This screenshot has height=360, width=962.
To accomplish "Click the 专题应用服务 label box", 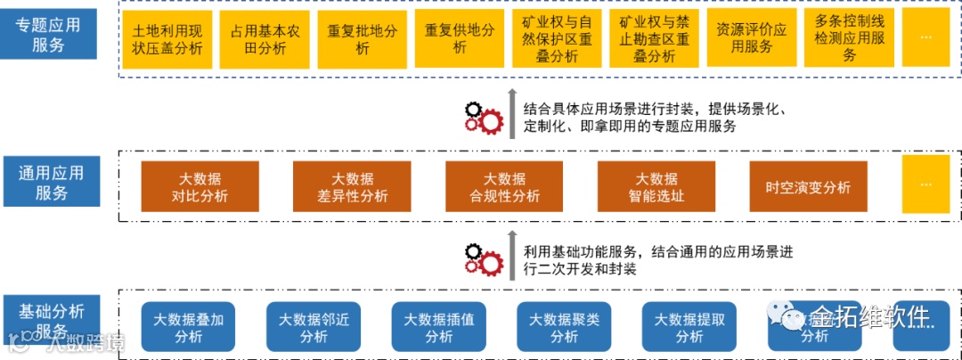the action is pyautogui.click(x=49, y=35).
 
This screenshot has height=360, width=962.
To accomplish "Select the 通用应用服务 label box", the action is pyautogui.click(x=49, y=181).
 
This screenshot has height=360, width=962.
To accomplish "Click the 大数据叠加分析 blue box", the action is pyautogui.click(x=188, y=327).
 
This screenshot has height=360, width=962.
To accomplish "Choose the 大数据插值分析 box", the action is pyautogui.click(x=438, y=327).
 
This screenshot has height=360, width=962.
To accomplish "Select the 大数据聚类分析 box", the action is pyautogui.click(x=563, y=327).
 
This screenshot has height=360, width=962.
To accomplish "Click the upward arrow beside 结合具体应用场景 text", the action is pyautogui.click(x=512, y=113).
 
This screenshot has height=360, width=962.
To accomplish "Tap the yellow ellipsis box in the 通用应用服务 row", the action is pyautogui.click(x=925, y=184).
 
